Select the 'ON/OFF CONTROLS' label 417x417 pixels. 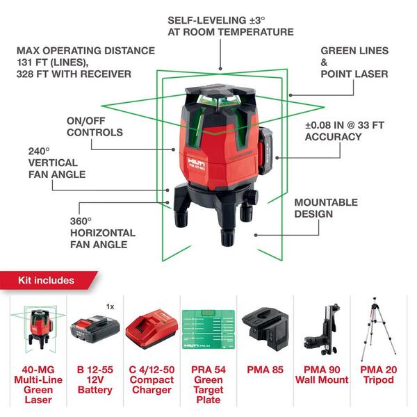coord(95,126)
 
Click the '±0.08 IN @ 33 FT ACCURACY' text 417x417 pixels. coord(343,131)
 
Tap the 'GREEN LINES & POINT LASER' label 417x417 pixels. coord(354,63)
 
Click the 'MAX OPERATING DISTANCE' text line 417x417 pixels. coord(85,51)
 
